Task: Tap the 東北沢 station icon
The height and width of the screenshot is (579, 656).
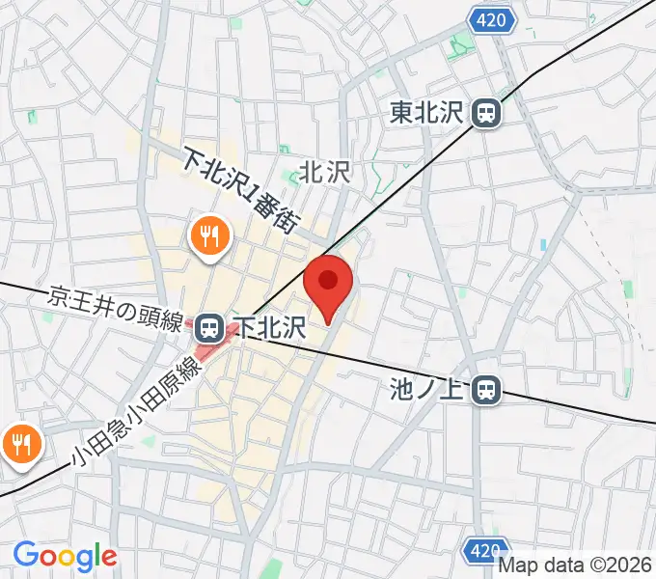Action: (487, 114)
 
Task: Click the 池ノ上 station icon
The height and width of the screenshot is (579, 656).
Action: (488, 390)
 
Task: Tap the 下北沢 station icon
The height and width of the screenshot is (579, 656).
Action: (207, 329)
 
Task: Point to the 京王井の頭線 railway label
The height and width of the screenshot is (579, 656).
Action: (115, 308)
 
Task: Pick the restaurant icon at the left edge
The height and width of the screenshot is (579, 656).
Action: (18, 445)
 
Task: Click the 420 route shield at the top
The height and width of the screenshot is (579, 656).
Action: (491, 18)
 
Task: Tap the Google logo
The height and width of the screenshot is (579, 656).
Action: (65, 556)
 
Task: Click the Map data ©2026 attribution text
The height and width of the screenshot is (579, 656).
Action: (575, 566)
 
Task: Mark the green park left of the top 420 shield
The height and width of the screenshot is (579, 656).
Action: (462, 42)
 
